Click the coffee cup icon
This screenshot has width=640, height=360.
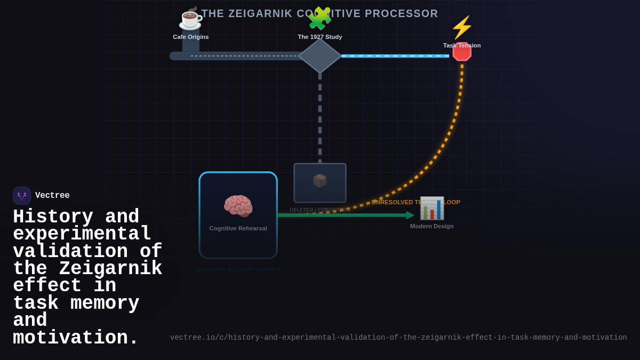click(190, 19)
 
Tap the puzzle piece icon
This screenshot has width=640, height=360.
click(319, 19)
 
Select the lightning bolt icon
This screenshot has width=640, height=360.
click(462, 28)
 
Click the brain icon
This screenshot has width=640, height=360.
click(238, 206)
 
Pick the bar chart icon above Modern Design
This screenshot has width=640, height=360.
click(432, 208)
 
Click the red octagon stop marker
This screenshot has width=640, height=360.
click(462, 52)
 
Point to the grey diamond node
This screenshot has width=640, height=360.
click(320, 56)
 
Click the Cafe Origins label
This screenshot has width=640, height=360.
click(191, 37)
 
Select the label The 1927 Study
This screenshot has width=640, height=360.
click(320, 37)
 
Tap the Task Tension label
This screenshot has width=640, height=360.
click(462, 45)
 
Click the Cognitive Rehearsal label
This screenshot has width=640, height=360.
click(238, 228)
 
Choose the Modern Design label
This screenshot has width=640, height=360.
click(432, 226)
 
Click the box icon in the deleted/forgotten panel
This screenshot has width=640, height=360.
click(320, 181)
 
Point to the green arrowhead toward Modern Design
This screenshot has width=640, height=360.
click(410, 215)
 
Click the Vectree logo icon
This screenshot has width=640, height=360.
click(22, 196)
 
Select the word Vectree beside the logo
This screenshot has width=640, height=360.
click(52, 196)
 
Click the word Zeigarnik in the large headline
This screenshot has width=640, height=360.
click(110, 268)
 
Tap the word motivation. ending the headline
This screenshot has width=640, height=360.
click(75, 338)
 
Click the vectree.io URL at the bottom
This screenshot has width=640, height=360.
click(398, 338)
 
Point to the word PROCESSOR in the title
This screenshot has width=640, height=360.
click(401, 13)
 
